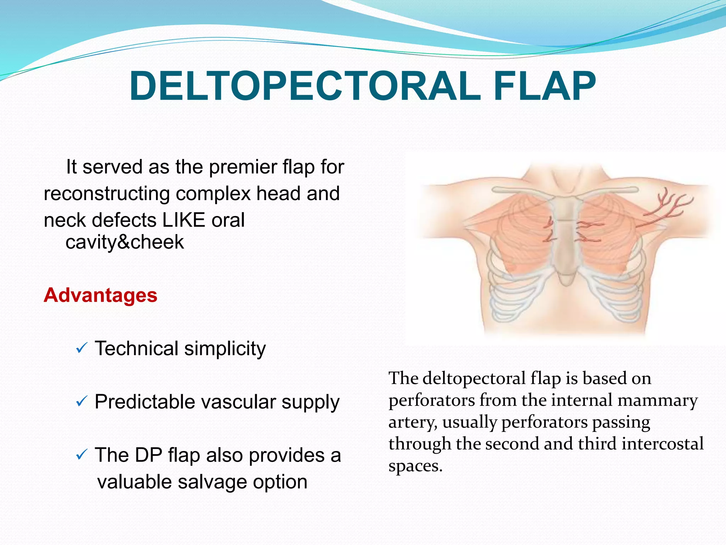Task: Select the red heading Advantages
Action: [100, 295]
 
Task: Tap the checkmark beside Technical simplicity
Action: [82, 348]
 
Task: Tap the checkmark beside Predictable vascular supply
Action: [82, 402]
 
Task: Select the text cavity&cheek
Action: [125, 242]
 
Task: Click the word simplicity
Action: [225, 349]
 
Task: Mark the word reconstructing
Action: [107, 194]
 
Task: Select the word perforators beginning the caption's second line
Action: [431, 401]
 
